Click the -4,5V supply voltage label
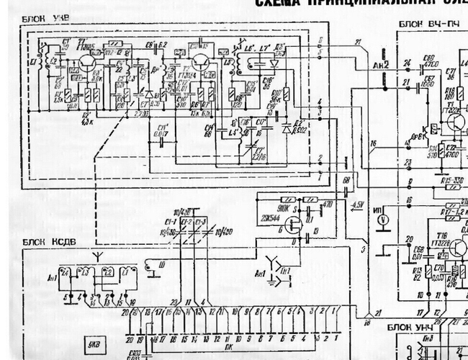357,205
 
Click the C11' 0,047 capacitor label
162,131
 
